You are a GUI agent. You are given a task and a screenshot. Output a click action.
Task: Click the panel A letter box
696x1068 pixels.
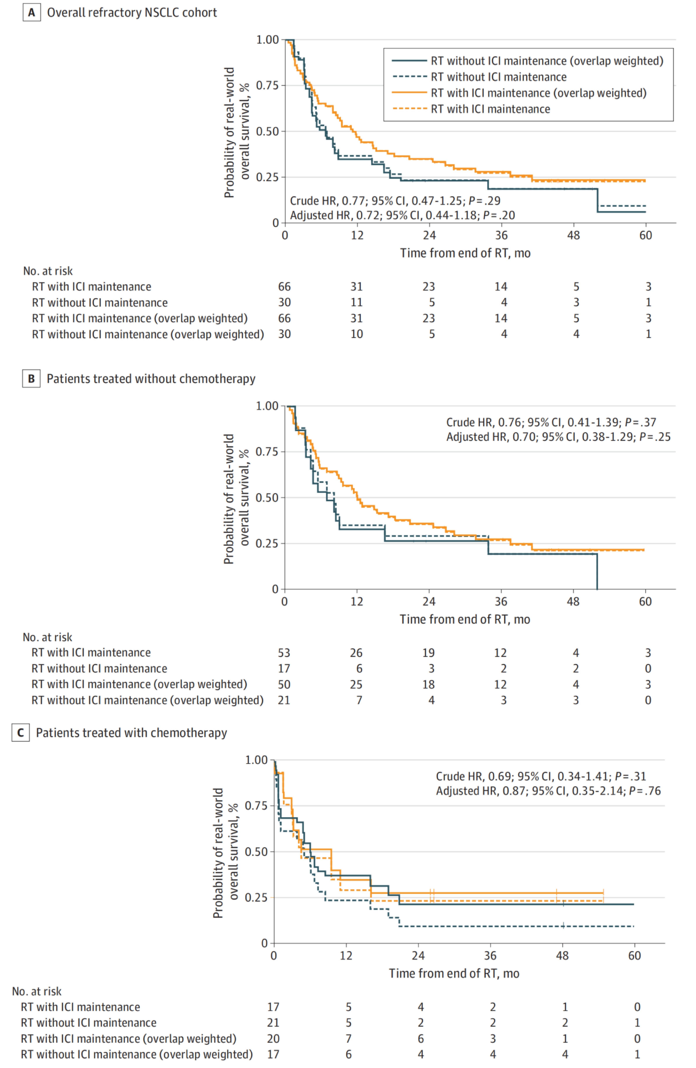tap(31, 13)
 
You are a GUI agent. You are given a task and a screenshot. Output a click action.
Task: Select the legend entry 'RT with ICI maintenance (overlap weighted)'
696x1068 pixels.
tap(539, 93)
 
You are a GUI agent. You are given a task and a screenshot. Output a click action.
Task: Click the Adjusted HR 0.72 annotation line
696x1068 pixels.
tap(402, 215)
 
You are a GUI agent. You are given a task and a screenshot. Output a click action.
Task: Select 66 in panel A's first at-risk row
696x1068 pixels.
tap(284, 287)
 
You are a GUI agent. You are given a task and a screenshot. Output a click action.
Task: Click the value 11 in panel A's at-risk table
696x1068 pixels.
tap(357, 302)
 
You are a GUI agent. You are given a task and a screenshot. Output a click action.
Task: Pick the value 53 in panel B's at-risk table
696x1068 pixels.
tap(284, 653)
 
